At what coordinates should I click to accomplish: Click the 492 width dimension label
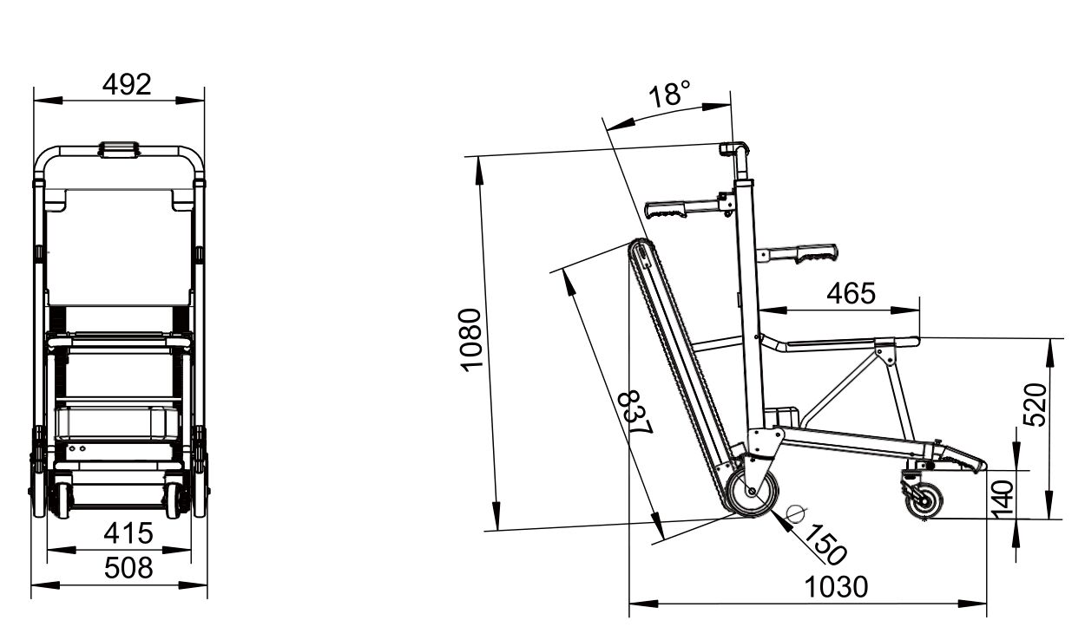click(127, 84)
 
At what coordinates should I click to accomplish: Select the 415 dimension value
click(128, 533)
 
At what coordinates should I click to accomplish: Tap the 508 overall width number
click(128, 568)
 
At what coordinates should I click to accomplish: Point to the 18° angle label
click(669, 94)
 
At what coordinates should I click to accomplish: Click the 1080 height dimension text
click(470, 340)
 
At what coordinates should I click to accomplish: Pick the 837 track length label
click(636, 413)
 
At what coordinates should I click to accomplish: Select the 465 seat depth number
click(851, 293)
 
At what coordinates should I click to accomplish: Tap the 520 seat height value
click(1035, 405)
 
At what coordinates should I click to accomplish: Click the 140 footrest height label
click(1003, 499)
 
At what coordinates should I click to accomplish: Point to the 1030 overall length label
click(836, 587)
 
